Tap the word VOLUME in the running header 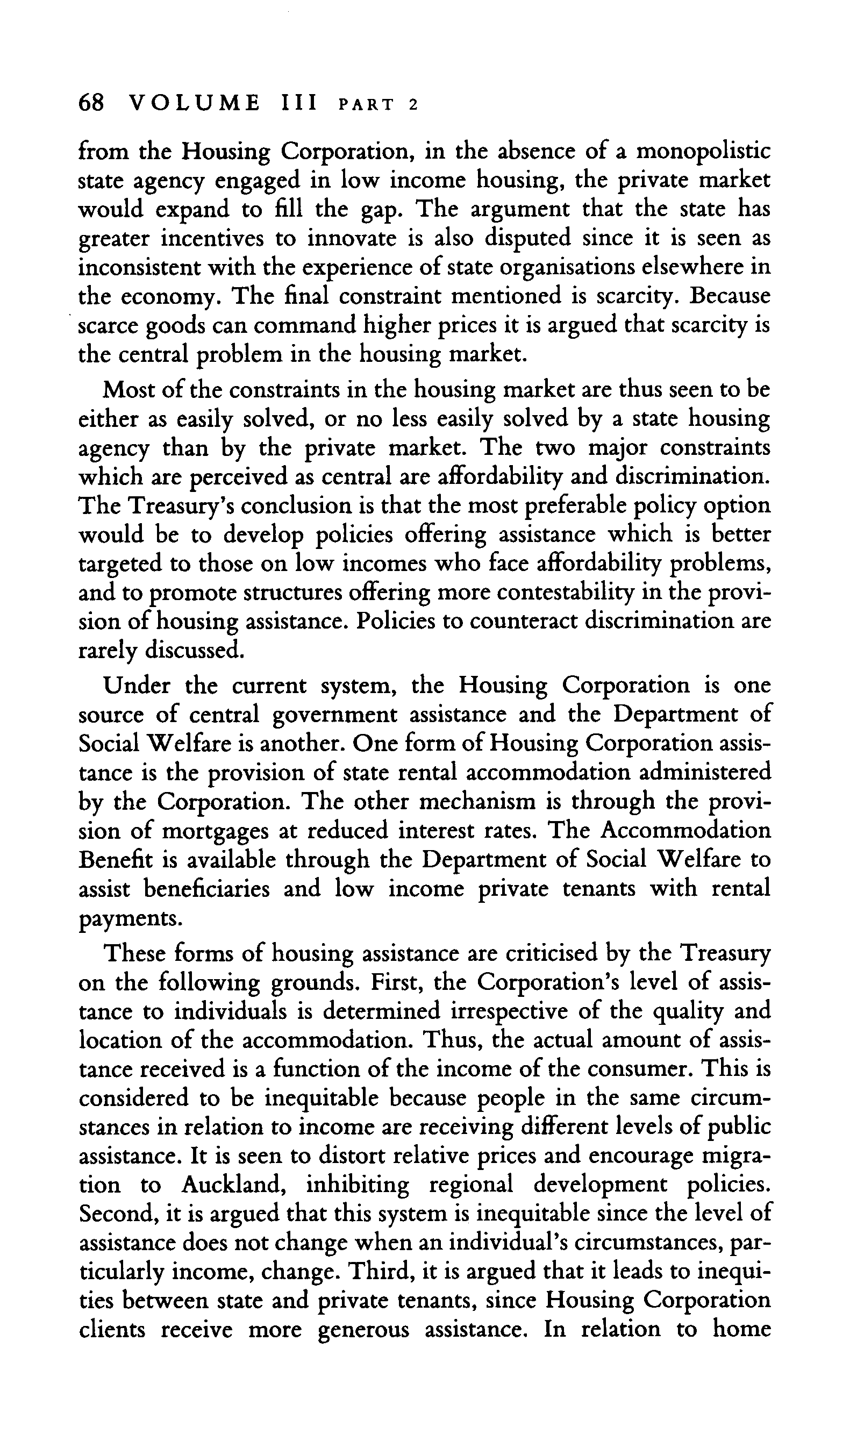click(195, 103)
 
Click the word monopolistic click(703, 152)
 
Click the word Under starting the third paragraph click(138, 686)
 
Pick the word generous click(365, 1331)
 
